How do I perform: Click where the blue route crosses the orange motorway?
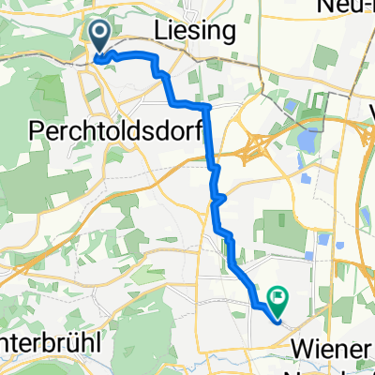212,167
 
